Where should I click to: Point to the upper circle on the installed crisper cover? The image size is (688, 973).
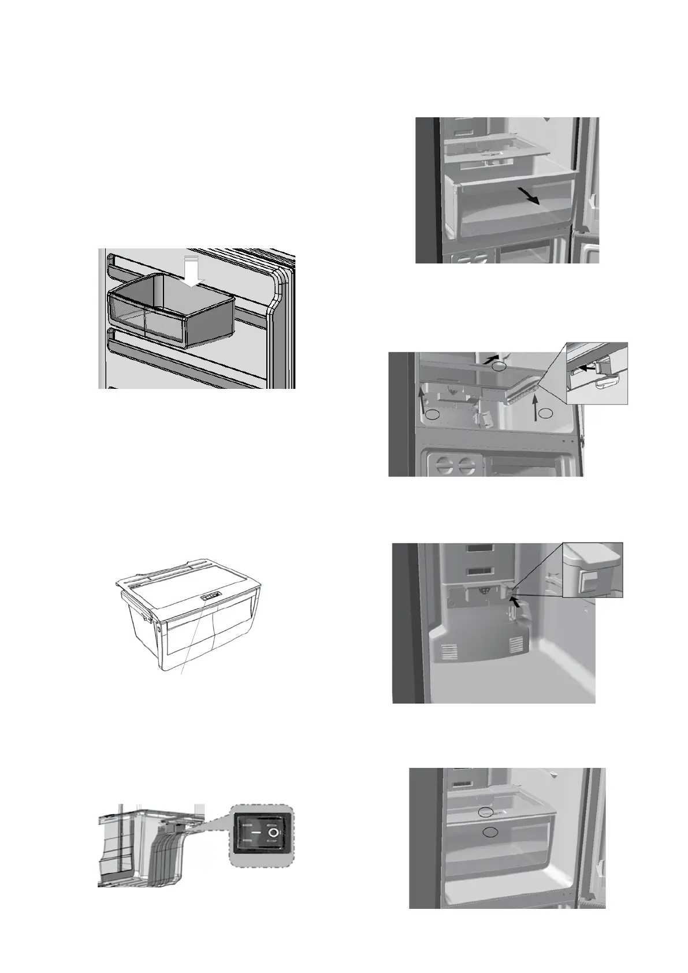(x=486, y=812)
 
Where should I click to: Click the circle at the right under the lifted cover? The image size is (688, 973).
(x=546, y=413)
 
